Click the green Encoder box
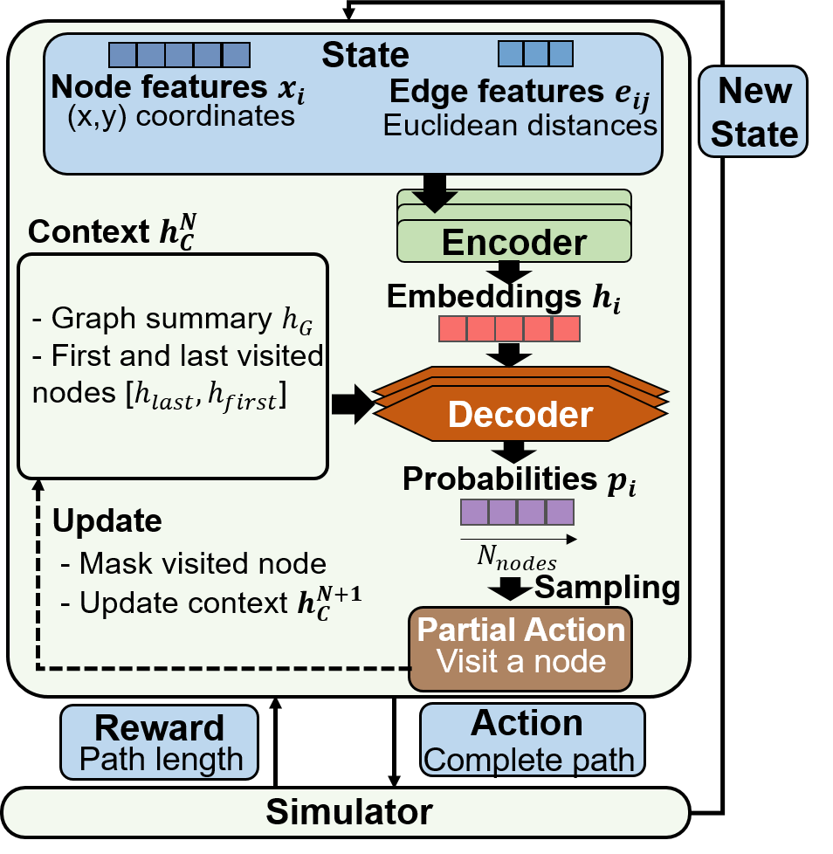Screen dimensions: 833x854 pos(514,226)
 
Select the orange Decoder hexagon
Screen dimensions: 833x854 pos(520,404)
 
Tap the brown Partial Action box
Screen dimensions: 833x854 pos(520,649)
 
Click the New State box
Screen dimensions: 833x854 pos(753,112)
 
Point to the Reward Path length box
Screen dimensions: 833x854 pos(159,742)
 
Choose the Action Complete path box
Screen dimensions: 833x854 pos(532,740)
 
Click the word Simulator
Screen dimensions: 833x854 pos(349,811)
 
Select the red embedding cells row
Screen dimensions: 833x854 pos(510,329)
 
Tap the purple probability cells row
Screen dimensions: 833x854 pos(517,512)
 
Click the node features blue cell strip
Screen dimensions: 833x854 pos(180,55)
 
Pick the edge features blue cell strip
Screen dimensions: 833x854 pos(536,53)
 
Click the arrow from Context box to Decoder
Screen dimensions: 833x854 pos(353,404)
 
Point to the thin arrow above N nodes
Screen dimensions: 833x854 pos(519,539)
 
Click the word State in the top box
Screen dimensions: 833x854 pos(365,55)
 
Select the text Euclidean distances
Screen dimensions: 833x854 pos(520,125)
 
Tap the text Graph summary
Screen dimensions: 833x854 pos(162,318)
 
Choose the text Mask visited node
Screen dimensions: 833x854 pos(203,563)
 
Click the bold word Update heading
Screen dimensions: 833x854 pos(107,521)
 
